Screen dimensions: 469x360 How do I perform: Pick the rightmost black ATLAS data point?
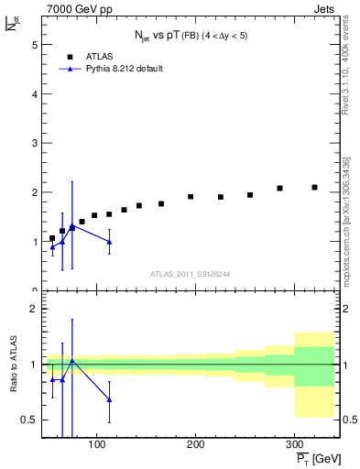pyautogui.click(x=314, y=187)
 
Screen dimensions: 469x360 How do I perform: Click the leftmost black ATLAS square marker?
pyautogui.click(x=52, y=238)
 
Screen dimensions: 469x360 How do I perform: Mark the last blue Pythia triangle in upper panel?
pyautogui.click(x=109, y=242)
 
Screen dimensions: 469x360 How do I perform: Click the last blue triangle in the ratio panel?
pyautogui.click(x=109, y=399)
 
